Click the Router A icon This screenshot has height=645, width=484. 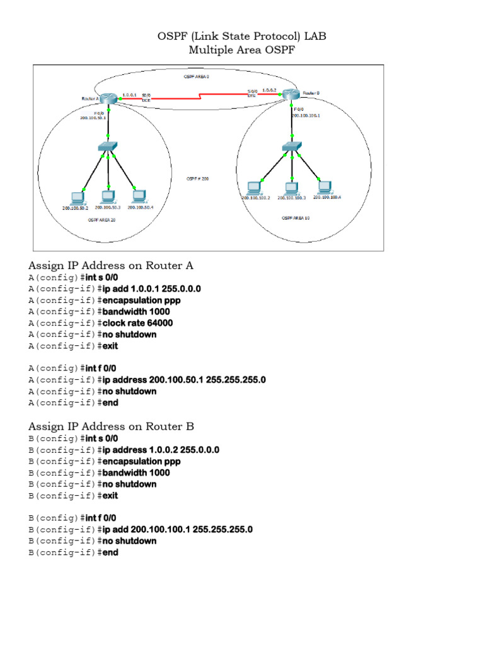point(109,98)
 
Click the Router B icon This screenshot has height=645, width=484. point(290,94)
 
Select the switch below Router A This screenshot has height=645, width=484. point(108,147)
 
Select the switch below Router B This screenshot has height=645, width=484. point(291,146)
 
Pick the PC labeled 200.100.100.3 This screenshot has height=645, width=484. point(291,187)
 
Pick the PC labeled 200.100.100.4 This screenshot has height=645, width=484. point(325,186)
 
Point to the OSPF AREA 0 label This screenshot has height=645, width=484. point(197,77)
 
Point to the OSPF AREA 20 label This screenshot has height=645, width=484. point(101,221)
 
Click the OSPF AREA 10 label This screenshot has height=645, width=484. point(295,217)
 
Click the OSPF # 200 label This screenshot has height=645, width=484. point(197,179)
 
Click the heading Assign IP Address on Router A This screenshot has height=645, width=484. point(111,265)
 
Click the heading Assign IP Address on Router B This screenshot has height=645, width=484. point(111,426)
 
